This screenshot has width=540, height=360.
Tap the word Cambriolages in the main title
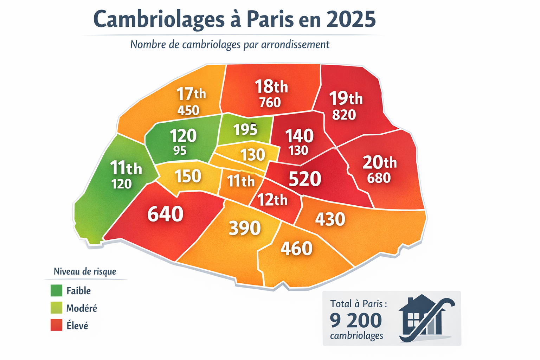(159, 20)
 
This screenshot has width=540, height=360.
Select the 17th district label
(191, 94)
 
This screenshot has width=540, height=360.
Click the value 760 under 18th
(270, 102)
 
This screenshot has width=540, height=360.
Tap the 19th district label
(346, 98)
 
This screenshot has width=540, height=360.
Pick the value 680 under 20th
(379, 178)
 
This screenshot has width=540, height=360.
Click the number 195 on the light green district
(245, 130)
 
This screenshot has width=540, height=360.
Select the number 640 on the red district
(165, 214)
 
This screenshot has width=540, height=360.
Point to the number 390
(245, 228)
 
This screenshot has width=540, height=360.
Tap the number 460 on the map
(296, 248)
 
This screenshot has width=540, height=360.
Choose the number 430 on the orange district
(330, 219)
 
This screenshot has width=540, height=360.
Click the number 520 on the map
(304, 179)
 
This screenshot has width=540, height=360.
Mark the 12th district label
(272, 200)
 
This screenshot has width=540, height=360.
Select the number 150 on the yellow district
(188, 176)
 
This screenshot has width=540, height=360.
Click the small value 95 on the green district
(180, 150)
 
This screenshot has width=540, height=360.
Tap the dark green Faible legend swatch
(56, 291)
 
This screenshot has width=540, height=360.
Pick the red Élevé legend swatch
(56, 325)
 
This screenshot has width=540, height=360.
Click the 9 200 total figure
(356, 320)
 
